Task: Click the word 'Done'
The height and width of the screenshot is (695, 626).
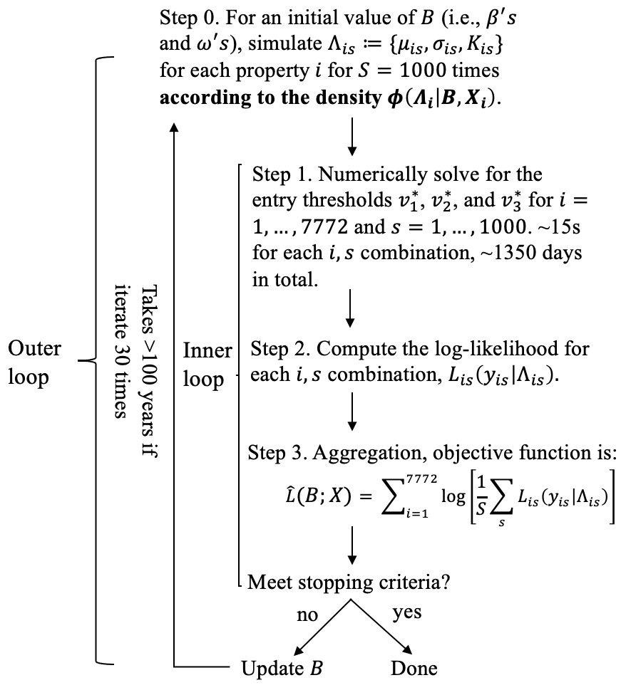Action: [414, 669]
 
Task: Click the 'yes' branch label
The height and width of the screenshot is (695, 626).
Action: [406, 612]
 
